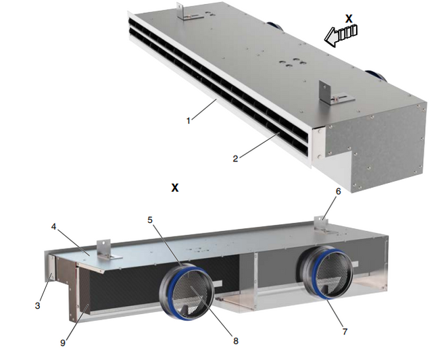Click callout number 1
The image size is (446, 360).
188,121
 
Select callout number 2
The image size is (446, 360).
235,159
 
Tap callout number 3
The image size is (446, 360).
38,306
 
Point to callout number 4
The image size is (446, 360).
53,227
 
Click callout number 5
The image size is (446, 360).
150,220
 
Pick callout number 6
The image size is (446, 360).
338,191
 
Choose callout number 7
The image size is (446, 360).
345,331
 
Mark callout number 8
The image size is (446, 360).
236,340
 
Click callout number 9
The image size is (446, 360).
63,343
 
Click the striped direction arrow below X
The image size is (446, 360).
341,35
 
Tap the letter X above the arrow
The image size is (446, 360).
349,19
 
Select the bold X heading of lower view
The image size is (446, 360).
175,188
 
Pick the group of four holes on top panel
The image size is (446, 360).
292,63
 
